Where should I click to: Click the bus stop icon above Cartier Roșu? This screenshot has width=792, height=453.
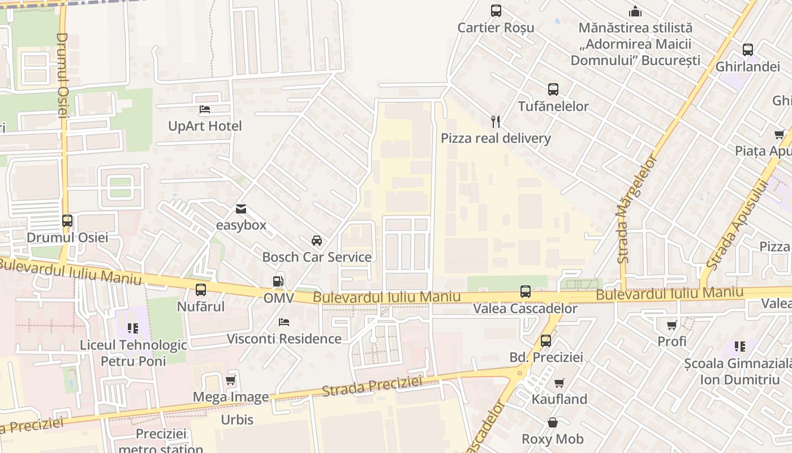point(496,11)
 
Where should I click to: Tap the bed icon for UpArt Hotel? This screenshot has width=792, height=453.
point(205,109)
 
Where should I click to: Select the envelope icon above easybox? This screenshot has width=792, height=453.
point(241,209)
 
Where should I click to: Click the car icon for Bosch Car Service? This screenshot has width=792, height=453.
point(317,241)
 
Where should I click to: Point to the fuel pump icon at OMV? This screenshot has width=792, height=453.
point(278,281)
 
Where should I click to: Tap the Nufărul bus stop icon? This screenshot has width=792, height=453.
point(201,290)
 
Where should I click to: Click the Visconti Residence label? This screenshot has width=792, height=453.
point(284,339)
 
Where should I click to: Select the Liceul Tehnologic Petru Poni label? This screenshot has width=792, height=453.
point(133,353)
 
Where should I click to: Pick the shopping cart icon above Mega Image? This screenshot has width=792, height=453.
point(230,381)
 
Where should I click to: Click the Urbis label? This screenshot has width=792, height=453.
point(237,420)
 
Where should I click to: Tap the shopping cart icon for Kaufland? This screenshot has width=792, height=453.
point(559,383)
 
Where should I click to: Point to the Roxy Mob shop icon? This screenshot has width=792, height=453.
point(552,422)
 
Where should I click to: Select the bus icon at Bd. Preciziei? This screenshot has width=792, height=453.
point(546,341)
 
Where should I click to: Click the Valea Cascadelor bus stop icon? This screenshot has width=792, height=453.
point(526,292)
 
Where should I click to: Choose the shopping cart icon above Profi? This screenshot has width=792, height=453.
point(672,325)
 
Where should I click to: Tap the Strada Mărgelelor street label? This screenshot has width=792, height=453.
point(638,210)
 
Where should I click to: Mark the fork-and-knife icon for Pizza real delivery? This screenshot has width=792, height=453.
point(496,122)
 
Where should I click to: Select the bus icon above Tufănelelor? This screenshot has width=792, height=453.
point(553,89)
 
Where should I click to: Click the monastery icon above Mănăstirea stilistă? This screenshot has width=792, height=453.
point(635,11)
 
